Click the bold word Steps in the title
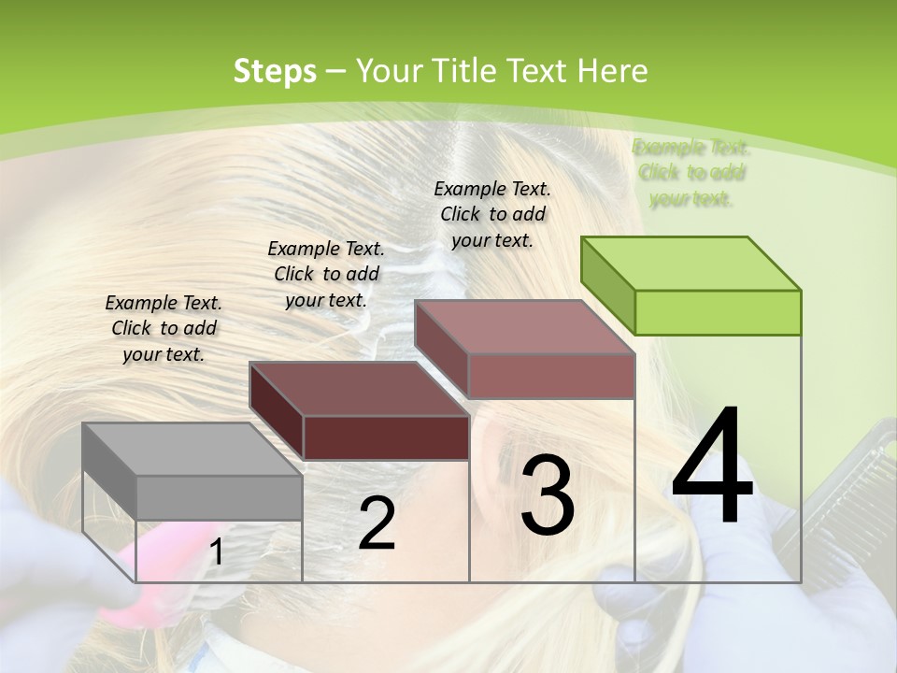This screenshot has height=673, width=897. click(x=275, y=71)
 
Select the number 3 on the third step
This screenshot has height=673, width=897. click(x=547, y=494)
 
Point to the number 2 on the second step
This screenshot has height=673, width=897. click(x=377, y=523)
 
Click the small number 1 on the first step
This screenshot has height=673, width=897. click(x=216, y=552)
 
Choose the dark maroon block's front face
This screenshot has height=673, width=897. click(x=386, y=437)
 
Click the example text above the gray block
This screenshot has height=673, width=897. click(x=164, y=328)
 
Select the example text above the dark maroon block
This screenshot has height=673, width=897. click(x=326, y=274)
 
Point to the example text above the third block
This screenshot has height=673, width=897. click(x=492, y=214)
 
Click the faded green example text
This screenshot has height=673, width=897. click(x=691, y=173)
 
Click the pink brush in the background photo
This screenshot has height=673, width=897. click(x=159, y=561)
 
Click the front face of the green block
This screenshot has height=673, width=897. click(x=718, y=312)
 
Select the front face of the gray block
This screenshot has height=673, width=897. click(x=219, y=497)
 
